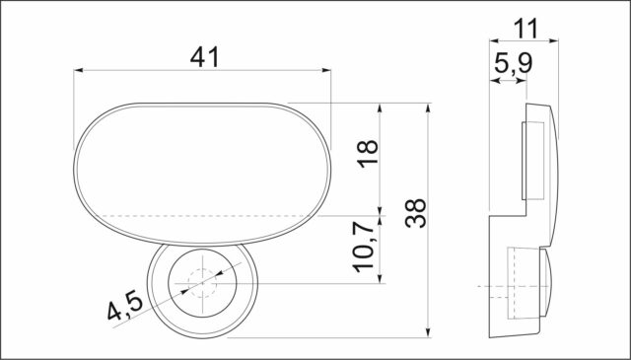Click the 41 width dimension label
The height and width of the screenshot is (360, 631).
coord(204,57)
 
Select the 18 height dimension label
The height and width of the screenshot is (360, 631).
coord(368,153)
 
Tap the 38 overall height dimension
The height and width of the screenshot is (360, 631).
coord(416,213)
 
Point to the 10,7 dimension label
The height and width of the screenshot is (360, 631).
coord(365,247)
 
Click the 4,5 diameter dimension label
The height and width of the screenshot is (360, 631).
coord(125,307)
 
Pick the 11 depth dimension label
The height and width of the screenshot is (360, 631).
coord(526,29)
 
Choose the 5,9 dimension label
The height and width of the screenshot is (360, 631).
coord(513,64)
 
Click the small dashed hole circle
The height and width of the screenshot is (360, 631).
coord(202,283)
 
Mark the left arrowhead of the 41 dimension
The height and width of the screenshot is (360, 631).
coord(78,70)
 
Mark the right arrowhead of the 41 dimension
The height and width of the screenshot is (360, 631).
coord(326,70)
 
